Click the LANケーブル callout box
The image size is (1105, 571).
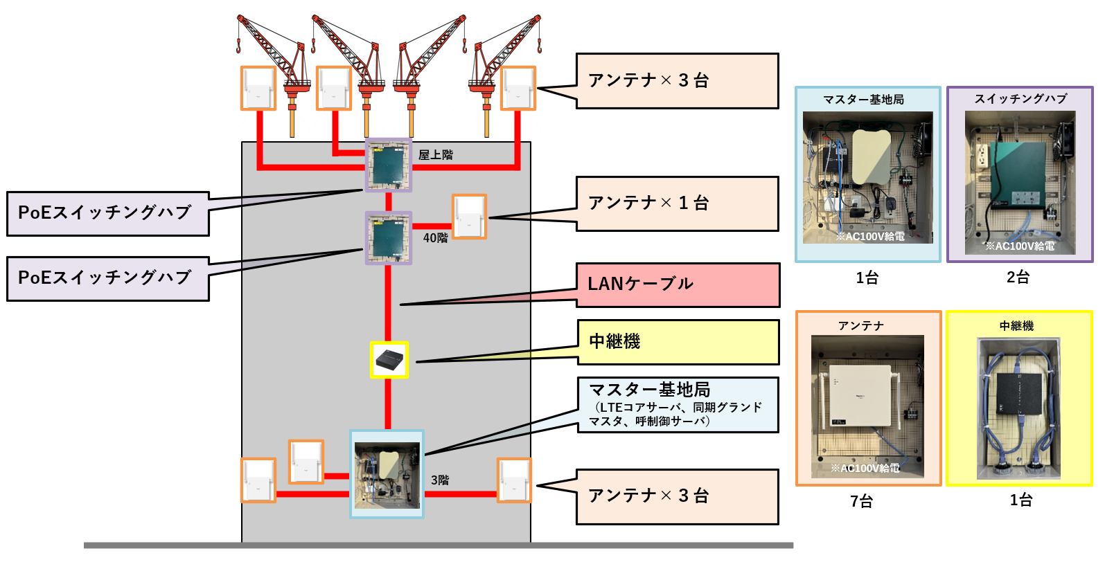click(678, 284)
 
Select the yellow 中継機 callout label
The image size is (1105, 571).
click(678, 342)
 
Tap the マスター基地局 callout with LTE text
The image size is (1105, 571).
click(678, 405)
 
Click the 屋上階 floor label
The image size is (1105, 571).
click(436, 155)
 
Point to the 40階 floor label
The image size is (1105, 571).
click(436, 238)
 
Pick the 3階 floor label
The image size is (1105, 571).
click(440, 480)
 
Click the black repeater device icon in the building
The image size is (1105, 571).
click(389, 360)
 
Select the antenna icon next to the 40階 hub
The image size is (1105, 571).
click(469, 217)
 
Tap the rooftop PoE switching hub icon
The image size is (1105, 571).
click(388, 165)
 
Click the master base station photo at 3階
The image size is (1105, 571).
click(387, 475)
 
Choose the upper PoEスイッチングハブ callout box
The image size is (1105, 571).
click(108, 214)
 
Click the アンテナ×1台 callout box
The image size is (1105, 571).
click(677, 203)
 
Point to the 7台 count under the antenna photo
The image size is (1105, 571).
click(861, 501)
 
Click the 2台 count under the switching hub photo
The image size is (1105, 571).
click(1018, 278)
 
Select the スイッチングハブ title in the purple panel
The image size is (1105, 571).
click(1020, 99)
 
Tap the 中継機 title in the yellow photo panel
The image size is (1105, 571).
click(1016, 326)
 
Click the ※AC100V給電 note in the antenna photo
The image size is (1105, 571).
click(865, 469)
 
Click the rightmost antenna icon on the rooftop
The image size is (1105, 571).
click(518, 88)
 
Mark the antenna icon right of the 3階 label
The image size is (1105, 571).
click(514, 480)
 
